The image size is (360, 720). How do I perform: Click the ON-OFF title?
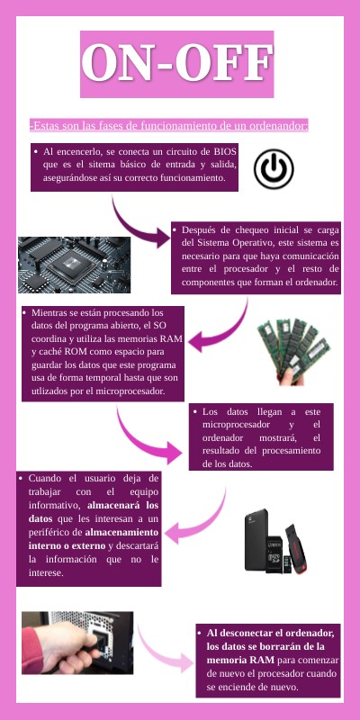(177, 63)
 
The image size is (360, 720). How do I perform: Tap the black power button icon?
(274, 168)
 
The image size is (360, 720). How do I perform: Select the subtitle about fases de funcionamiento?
(169, 125)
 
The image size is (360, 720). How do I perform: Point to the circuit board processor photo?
(74, 265)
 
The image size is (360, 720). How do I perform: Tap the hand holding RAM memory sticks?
(294, 350)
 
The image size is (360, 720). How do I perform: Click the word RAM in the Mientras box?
(171, 339)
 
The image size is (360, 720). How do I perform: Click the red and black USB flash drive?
(298, 549)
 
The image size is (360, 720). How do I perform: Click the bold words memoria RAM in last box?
(240, 661)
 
